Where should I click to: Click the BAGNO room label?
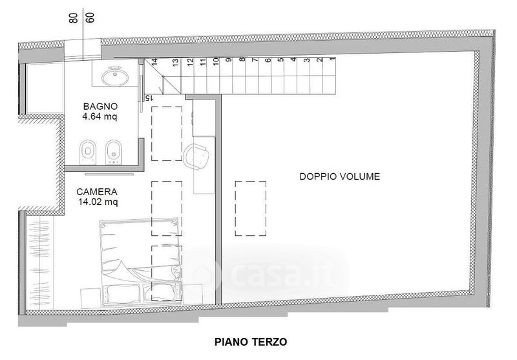click(100, 107)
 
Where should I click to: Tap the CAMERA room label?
click(96, 192)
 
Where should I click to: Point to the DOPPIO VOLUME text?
click(340, 176)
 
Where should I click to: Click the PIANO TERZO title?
click(251, 342)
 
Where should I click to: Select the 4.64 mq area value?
click(100, 116)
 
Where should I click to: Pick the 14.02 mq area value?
click(98, 202)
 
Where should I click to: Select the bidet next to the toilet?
click(114, 152)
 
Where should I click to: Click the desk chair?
click(197, 156)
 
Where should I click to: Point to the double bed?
click(140, 263)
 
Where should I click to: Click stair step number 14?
click(154, 61)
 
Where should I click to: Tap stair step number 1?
click(332, 59)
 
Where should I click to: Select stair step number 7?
click(254, 59)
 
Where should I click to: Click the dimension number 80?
click(74, 18)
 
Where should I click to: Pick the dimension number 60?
click(90, 17)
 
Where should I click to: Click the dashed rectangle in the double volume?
click(251, 208)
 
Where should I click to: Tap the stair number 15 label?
click(149, 98)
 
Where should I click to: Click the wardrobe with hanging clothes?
click(39, 262)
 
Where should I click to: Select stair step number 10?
click(216, 61)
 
